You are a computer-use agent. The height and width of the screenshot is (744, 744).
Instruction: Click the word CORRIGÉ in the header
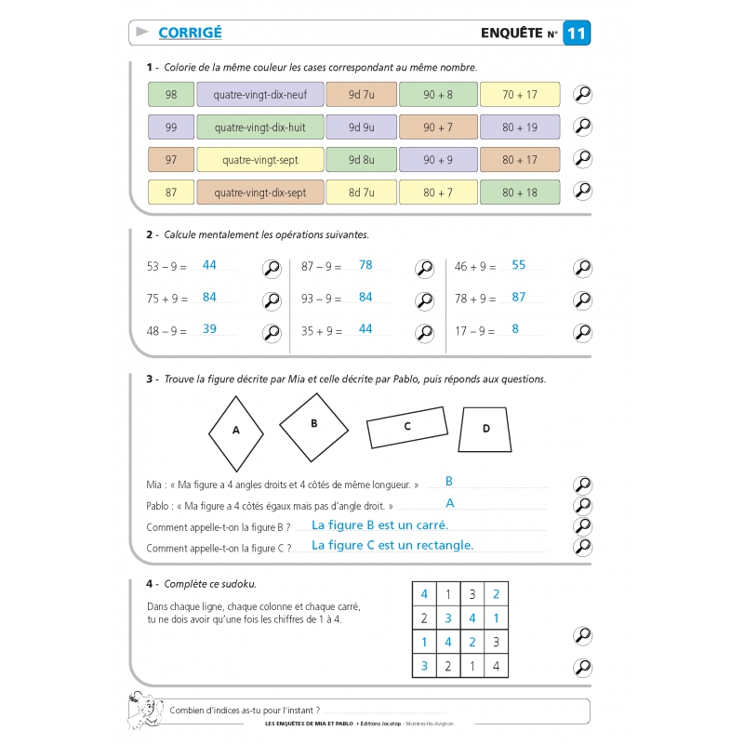[x=190, y=33]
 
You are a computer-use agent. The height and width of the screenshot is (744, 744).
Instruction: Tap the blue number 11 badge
[x=577, y=33]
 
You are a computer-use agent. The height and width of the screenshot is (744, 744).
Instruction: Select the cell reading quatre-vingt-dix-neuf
[x=259, y=95]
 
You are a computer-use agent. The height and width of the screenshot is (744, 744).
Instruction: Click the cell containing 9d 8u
[x=361, y=160]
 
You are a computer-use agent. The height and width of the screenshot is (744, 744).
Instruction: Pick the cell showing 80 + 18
[x=520, y=193]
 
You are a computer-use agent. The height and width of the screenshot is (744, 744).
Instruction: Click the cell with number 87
[x=170, y=193]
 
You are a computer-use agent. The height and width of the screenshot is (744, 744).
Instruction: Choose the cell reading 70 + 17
[x=520, y=95]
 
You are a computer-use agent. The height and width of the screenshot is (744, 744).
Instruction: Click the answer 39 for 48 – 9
[x=209, y=329]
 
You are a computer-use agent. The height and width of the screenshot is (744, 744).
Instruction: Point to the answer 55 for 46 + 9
[x=519, y=265]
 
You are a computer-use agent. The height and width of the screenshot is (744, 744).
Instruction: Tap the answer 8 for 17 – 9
[x=515, y=329]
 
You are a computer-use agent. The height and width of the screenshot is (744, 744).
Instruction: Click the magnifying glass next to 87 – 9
[x=424, y=269]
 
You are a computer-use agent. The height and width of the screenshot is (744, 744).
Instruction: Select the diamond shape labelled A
[x=235, y=431]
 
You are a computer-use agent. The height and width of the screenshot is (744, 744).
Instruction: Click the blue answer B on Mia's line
[x=449, y=482]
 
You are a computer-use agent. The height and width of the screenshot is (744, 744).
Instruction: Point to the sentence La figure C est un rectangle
[x=392, y=546]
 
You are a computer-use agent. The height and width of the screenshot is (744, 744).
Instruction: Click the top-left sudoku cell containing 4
[x=424, y=594]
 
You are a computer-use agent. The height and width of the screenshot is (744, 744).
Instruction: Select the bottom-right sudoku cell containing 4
[x=496, y=666]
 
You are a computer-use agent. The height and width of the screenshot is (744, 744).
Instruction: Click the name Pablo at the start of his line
[x=161, y=507]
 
